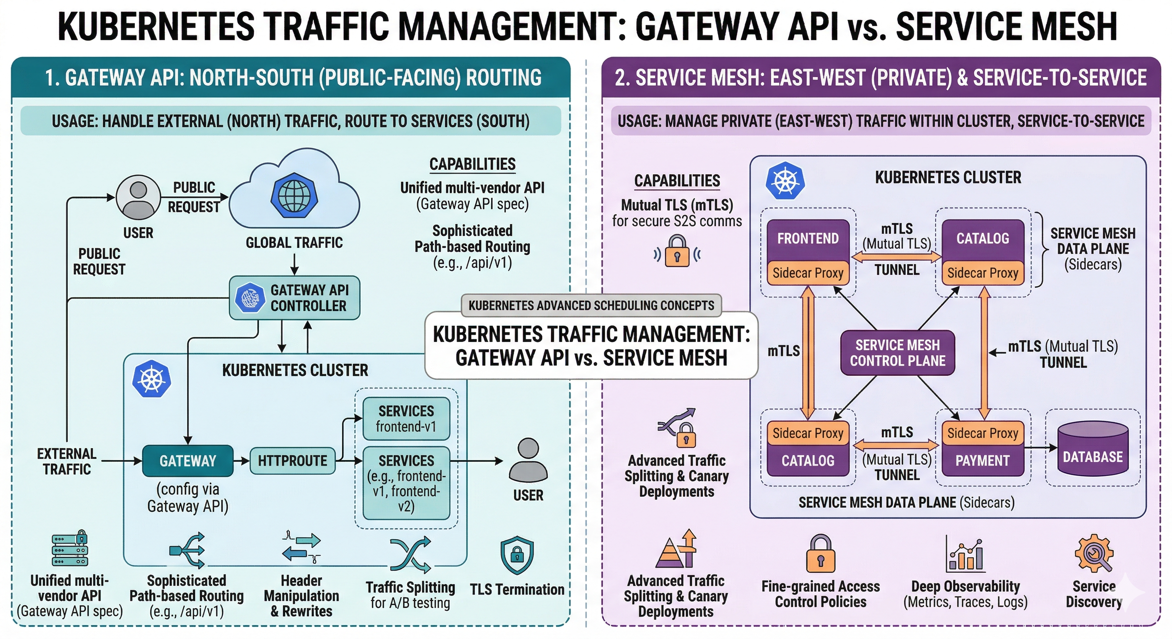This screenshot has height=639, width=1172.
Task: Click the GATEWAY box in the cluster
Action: pyautogui.click(x=187, y=461)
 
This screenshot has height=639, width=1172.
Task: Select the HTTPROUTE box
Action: pyautogui.click(x=292, y=461)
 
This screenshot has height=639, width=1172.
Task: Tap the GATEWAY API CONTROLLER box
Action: pyautogui.click(x=294, y=298)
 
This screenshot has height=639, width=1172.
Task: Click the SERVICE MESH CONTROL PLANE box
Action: pyautogui.click(x=897, y=353)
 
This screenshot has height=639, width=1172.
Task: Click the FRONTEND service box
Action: pyautogui.click(x=807, y=239)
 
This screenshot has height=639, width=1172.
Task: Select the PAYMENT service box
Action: pyautogui.click(x=982, y=461)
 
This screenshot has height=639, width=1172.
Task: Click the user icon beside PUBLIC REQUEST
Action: pyautogui.click(x=138, y=197)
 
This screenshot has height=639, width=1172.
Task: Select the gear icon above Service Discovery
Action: pyautogui.click(x=1094, y=553)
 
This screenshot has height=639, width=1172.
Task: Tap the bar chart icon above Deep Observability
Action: pyautogui.click(x=966, y=555)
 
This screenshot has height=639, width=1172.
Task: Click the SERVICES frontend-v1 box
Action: pyautogui.click(x=406, y=419)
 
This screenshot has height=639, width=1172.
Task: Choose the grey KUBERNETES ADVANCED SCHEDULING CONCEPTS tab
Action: pyautogui.click(x=591, y=305)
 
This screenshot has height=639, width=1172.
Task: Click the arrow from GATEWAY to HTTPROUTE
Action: pyautogui.click(x=241, y=461)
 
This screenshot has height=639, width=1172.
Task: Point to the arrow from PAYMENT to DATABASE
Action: pyautogui.click(x=1040, y=448)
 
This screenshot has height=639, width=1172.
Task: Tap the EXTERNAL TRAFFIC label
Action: pyautogui.click(x=67, y=461)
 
